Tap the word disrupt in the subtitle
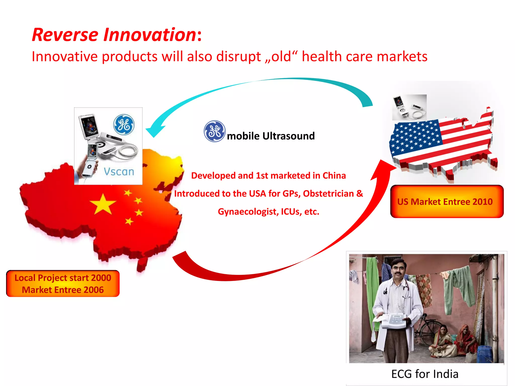pos(238,57)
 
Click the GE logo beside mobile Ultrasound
pos(214,131)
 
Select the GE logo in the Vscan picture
pos(124,125)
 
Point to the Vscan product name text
pos(119,172)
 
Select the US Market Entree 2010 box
pos(447,202)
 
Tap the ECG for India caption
pos(425,374)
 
